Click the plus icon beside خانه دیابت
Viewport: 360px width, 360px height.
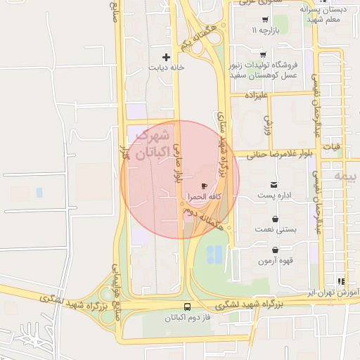click(x=166, y=57)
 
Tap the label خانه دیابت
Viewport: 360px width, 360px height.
click(x=166, y=68)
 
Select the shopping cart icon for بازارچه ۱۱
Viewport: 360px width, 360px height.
click(x=264, y=19)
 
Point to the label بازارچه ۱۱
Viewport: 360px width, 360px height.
click(x=266, y=31)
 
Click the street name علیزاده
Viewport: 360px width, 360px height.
click(x=258, y=94)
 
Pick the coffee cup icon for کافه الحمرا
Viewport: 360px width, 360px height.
click(x=204, y=186)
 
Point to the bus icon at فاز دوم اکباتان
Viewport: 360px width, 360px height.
click(x=187, y=307)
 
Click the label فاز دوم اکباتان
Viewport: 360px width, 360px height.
click(x=187, y=319)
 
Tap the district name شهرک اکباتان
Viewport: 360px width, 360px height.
click(x=153, y=143)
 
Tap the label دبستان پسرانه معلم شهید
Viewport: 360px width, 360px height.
click(x=325, y=15)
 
